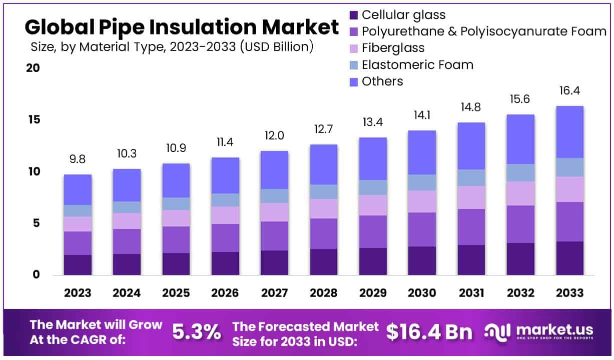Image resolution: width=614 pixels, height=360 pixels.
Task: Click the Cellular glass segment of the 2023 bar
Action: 78,265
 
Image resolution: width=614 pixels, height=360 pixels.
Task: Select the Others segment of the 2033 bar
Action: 569,132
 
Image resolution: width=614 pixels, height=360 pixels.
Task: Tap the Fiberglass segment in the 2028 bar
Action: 323,209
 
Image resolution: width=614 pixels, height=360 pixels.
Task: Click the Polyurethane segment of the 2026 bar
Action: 225,238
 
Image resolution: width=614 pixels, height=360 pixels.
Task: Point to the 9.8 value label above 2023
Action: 78,159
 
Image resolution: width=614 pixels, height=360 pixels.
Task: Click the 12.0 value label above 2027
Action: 274,136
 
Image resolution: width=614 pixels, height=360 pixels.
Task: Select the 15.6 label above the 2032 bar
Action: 520,99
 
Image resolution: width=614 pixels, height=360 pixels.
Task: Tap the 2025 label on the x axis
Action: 176,293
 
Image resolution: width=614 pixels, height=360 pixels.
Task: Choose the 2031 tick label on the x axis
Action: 471,293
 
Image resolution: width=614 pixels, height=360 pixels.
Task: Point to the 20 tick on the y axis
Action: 33,68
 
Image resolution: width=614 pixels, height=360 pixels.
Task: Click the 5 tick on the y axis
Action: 36,223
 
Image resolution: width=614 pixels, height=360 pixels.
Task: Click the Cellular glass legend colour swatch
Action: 354,15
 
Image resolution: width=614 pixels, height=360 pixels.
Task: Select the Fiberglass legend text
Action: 393,48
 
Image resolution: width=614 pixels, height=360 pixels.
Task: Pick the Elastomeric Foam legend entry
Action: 417,64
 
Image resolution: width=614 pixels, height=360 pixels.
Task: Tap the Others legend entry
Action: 382,81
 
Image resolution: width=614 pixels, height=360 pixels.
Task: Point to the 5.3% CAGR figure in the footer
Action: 196,331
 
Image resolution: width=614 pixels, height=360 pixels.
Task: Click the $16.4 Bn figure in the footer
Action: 429,331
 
